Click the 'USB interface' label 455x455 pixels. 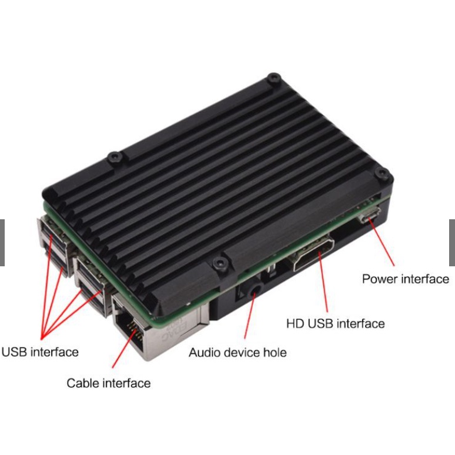(x=40, y=352)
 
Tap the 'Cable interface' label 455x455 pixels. (x=108, y=383)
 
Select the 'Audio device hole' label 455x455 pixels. (x=237, y=353)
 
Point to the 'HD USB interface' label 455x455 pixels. (x=335, y=323)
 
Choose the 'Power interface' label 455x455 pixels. (x=405, y=279)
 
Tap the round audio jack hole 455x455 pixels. (x=255, y=289)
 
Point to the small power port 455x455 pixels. (x=371, y=218)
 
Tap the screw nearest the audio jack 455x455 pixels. (x=220, y=262)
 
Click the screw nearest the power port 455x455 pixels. (x=383, y=175)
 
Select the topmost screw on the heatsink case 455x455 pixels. (x=273, y=78)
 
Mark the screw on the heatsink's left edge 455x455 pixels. (x=115, y=158)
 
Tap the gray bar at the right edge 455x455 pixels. (x=451, y=242)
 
